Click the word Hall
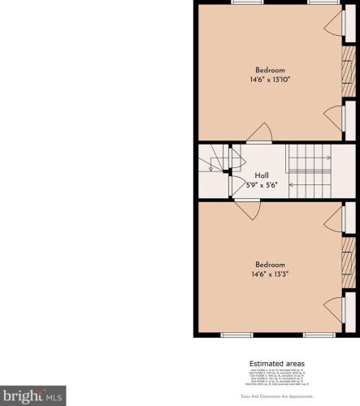[262, 175]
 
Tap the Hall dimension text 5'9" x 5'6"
[262, 185]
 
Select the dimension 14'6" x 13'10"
[270, 80]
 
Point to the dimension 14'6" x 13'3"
[270, 274]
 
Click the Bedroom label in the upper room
[270, 69]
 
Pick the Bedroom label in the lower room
[270, 265]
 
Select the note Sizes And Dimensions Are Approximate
[276, 395]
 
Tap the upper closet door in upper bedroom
[335, 23]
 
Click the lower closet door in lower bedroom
[335, 309]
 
